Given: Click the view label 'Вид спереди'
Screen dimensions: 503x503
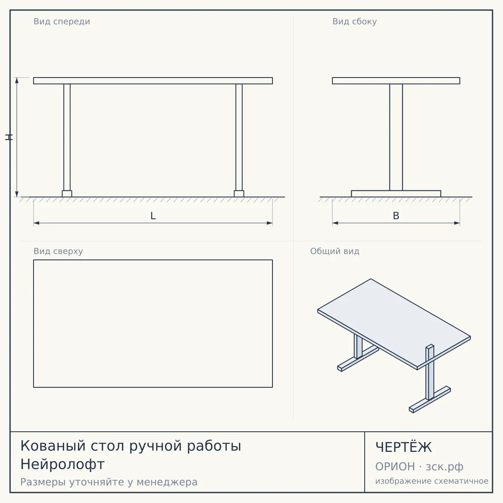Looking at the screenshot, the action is (62, 22).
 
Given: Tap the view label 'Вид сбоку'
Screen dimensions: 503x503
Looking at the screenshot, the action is (355, 22).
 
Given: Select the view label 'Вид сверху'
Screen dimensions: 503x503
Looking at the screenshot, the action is (58, 251).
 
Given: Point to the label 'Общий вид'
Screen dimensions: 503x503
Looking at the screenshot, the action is (334, 251).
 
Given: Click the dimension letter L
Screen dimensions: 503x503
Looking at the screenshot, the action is (153, 216).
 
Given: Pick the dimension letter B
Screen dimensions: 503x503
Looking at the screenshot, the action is (396, 216).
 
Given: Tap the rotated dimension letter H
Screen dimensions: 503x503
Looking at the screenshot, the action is (9, 137).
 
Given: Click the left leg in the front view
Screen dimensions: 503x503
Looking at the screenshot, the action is (67, 137).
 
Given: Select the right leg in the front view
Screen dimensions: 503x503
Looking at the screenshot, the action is (239, 137).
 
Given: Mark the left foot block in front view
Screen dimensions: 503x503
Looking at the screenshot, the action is (67, 194).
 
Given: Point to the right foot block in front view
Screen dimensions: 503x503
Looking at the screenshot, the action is (239, 194).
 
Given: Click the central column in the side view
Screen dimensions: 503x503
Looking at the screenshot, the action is (396, 137).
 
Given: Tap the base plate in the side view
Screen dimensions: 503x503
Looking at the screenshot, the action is (396, 194).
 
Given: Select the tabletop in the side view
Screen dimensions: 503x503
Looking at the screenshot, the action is (396, 80).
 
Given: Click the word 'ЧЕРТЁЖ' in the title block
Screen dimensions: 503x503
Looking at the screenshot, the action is (404, 447).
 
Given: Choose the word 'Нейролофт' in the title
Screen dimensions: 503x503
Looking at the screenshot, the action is (62, 464).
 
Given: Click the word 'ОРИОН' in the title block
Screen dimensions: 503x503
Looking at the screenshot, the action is (395, 467).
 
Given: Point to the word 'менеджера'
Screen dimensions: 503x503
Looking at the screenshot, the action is (167, 482).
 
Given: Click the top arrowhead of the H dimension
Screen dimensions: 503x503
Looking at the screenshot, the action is (17, 80).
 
